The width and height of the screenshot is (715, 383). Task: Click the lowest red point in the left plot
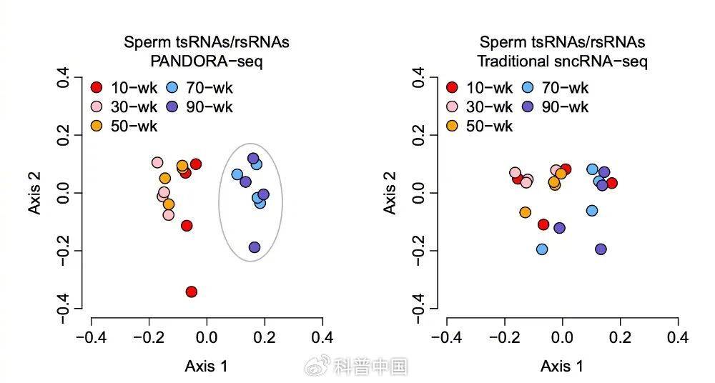(191, 292)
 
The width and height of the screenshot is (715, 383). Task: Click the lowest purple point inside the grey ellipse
(255, 247)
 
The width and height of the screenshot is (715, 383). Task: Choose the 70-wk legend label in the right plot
(566, 89)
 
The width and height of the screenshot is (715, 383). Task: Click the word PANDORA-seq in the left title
(207, 61)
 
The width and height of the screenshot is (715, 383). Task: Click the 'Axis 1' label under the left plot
(207, 367)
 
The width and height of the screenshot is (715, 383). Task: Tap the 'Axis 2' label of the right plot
(390, 193)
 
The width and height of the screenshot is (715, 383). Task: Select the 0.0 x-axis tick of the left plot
(207, 337)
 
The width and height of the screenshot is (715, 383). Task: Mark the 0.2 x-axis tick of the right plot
(620, 337)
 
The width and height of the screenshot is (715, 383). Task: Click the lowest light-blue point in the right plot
(542, 249)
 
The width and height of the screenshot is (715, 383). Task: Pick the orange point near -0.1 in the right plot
(526, 212)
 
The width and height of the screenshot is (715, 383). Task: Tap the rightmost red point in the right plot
(611, 183)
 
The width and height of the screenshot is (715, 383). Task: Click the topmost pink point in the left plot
(157, 163)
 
